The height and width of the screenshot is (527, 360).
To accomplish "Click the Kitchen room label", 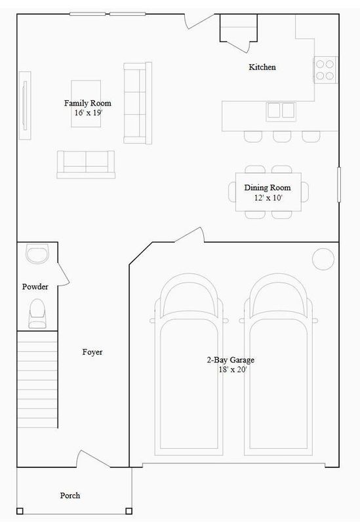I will (262, 67).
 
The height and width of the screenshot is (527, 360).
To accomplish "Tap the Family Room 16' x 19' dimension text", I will (87, 113).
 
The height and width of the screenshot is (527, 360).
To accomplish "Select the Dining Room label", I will (267, 187).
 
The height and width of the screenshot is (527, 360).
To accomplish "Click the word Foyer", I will (92, 352).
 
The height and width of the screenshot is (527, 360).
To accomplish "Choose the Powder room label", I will (35, 286).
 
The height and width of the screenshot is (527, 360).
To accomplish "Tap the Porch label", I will (70, 496).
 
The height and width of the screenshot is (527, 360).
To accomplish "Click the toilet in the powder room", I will (37, 312).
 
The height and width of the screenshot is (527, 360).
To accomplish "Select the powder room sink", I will (37, 253).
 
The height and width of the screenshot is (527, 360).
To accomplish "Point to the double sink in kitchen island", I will (281, 109).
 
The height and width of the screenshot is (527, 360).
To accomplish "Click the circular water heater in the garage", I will (323, 258).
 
